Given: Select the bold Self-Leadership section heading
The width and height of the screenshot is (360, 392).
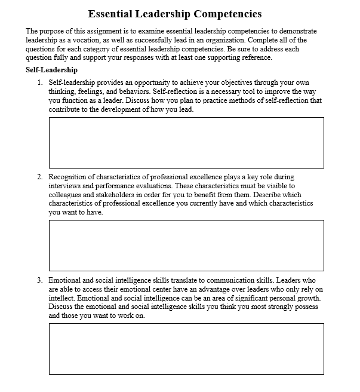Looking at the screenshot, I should click(51, 70).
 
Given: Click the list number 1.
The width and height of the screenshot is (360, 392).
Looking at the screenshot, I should click(39, 82).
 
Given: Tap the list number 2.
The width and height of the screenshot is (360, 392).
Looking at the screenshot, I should click(39, 177).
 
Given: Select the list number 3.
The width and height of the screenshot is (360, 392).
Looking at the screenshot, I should click(39, 280).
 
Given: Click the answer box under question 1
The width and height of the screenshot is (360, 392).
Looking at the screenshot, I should click(186, 142).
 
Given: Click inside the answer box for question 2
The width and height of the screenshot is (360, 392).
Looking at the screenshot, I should click(186, 246).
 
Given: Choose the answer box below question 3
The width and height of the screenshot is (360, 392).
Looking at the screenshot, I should click(186, 348).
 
